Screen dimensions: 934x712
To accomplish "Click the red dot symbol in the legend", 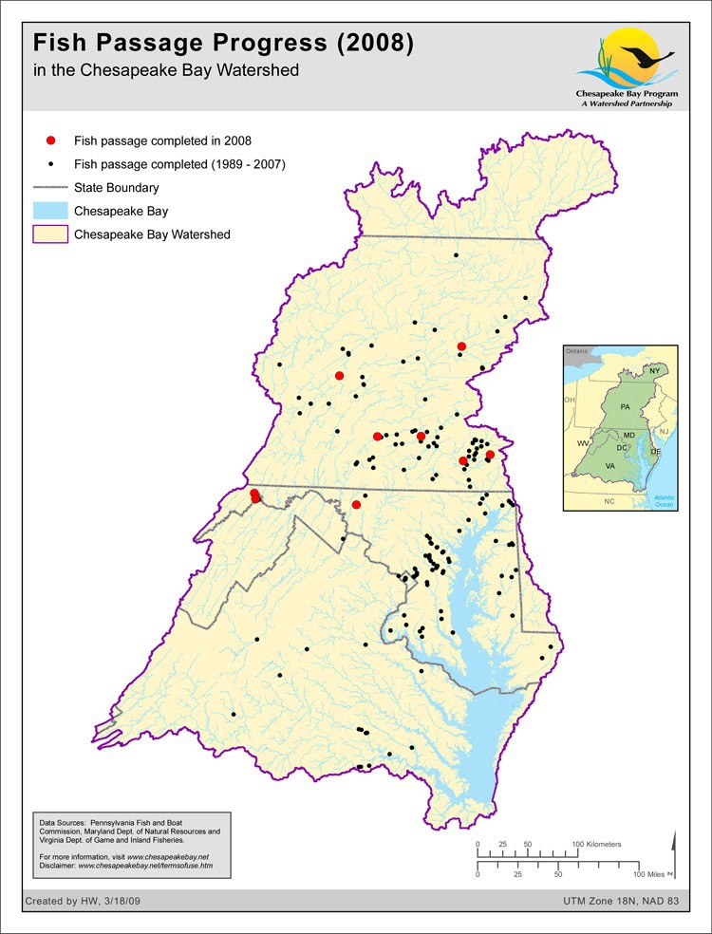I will [x=51, y=140].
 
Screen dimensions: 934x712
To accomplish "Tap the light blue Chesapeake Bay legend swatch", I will [x=51, y=211].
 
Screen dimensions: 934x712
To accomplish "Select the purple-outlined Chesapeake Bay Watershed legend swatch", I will [x=51, y=234].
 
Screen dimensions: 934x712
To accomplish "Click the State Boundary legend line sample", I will [x=51, y=188].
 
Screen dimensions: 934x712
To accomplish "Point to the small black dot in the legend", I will [x=51, y=164].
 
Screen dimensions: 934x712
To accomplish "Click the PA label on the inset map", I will [x=624, y=406].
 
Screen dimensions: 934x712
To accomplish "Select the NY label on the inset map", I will [x=654, y=369].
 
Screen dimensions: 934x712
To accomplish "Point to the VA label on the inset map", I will [x=610, y=467].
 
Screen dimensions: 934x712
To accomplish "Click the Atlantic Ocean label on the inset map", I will [x=663, y=500].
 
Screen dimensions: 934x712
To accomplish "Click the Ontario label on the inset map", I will [x=578, y=351].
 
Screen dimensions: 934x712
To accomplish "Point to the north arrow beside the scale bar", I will [x=674, y=850].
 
